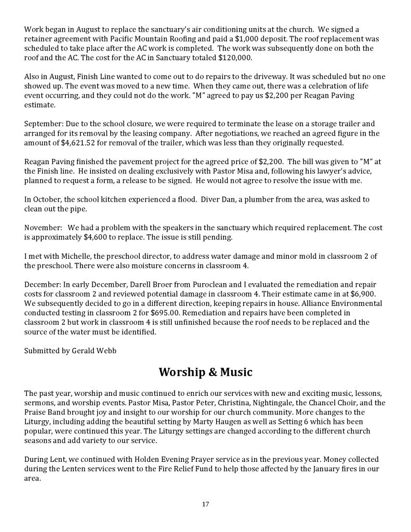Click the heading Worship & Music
pos(205,372)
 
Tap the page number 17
pos(205,504)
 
